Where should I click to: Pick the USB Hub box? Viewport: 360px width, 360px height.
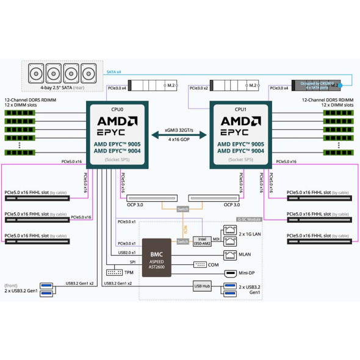click(x=202, y=286)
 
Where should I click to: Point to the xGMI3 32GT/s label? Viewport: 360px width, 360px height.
click(x=179, y=131)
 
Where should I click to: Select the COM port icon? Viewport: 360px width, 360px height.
click(x=201, y=264)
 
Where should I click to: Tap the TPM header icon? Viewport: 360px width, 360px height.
click(x=114, y=272)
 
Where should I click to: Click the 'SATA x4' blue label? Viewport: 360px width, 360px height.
click(x=114, y=72)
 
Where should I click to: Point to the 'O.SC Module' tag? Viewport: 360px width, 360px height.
click(x=249, y=219)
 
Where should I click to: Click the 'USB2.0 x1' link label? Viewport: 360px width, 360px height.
click(x=127, y=251)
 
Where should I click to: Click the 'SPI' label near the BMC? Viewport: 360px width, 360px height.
click(x=132, y=262)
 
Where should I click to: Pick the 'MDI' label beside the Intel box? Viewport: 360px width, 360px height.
click(x=217, y=239)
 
